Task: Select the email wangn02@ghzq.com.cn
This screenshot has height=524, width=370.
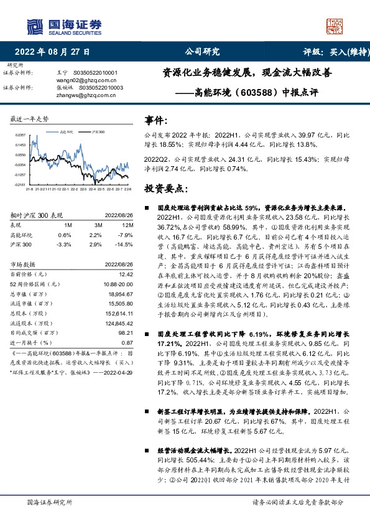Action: (x=91, y=80)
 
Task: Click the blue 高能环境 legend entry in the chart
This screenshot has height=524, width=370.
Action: (x=65, y=132)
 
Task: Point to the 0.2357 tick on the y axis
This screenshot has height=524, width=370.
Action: (x=20, y=134)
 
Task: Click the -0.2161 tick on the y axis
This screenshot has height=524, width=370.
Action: (x=20, y=185)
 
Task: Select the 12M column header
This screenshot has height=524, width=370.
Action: (x=127, y=225)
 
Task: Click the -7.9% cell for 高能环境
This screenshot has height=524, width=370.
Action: (x=126, y=235)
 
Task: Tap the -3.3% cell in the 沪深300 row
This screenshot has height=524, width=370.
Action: (x=65, y=245)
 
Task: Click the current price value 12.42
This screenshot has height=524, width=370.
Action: (x=126, y=274)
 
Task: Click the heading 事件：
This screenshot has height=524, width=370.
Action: (x=156, y=119)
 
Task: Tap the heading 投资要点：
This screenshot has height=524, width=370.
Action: (x=165, y=187)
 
